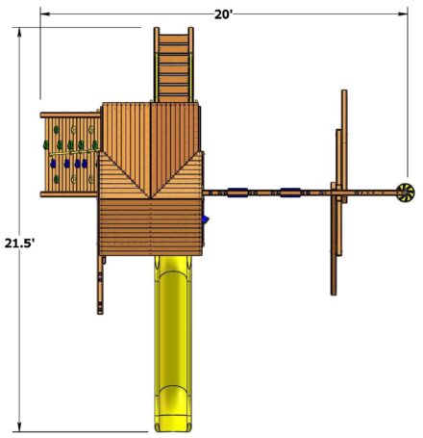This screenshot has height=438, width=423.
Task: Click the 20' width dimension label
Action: (x=223, y=14)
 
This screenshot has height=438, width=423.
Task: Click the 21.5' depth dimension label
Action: (x=19, y=244)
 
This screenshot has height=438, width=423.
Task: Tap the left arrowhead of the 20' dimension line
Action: (x=44, y=13)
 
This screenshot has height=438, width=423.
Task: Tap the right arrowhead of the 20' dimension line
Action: (x=404, y=13)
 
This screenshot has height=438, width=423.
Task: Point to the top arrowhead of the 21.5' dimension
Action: (x=19, y=32)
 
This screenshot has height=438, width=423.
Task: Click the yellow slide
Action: (x=173, y=344)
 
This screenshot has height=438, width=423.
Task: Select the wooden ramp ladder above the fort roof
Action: (x=173, y=64)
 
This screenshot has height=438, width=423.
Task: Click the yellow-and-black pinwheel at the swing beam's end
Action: (x=405, y=193)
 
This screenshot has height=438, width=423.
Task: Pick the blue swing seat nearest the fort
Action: (x=237, y=193)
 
